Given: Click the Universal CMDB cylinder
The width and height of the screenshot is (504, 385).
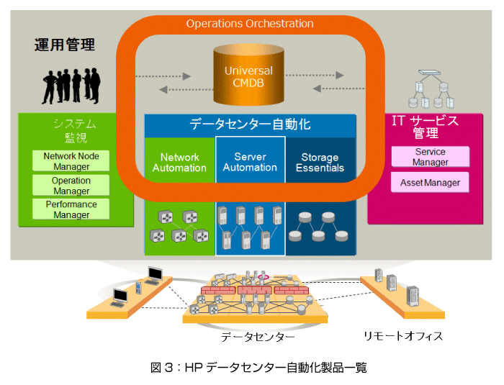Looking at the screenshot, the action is (248, 75).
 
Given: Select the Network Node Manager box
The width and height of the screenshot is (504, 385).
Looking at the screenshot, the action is (71, 161).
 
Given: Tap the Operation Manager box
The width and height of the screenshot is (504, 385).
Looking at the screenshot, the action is (71, 186).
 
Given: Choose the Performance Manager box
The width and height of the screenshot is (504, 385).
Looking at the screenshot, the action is (71, 209).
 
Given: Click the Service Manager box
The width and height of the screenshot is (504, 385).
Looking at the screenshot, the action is (430, 157).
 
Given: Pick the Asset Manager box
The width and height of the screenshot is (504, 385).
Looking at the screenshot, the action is (430, 183).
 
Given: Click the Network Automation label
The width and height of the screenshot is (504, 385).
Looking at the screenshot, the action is (179, 163).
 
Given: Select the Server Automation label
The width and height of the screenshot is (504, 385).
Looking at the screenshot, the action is (250, 162).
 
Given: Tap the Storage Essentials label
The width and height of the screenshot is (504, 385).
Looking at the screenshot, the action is (320, 163).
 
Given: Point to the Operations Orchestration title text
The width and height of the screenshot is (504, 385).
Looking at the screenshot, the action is (250, 24).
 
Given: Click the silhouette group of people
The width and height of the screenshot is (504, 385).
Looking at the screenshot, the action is (71, 86).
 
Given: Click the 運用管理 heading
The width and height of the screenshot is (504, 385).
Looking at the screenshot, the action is (65, 45).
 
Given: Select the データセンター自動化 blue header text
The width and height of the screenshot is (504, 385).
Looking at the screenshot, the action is (250, 124).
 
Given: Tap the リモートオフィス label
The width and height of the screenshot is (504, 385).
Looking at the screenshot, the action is (403, 336).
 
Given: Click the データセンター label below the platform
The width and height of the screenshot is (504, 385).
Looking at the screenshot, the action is (258, 337).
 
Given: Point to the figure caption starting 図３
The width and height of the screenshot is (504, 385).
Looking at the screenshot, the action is (258, 368).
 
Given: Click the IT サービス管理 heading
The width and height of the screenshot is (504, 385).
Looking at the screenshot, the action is (426, 127).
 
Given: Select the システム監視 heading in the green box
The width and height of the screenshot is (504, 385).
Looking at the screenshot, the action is (75, 130).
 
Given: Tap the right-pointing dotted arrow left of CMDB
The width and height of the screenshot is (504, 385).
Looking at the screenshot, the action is (163, 76).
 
